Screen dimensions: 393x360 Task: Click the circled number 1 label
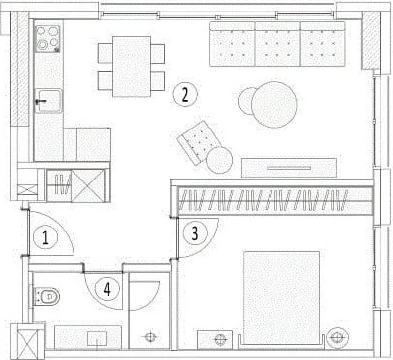45,237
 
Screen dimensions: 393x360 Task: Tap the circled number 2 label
185,94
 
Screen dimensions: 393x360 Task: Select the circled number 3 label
195,233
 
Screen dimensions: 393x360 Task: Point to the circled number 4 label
107,288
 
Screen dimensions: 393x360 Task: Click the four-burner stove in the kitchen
48,38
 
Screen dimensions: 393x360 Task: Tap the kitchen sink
48,101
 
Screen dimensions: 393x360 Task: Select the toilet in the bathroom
46,296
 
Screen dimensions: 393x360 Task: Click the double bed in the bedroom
281,298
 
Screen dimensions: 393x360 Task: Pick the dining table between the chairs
131,67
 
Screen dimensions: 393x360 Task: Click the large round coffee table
274,104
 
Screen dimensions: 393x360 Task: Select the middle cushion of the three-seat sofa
277,43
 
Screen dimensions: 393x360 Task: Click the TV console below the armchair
289,168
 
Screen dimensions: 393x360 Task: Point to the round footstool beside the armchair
220,160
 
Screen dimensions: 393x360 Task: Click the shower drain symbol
150,336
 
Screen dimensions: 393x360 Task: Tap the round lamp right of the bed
337,337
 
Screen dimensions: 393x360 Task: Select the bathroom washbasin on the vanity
98,337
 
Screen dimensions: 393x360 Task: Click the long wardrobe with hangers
272,200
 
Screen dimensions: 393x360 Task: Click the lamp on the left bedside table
221,339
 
